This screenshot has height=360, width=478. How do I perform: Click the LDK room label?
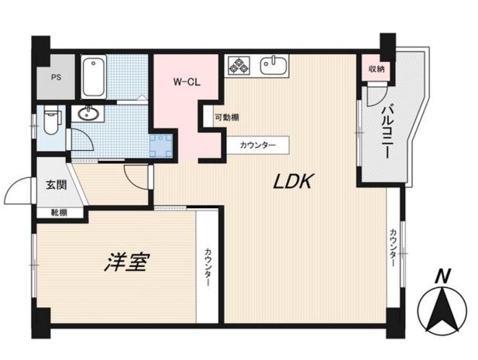[293, 181]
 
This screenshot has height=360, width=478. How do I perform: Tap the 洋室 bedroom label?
[126, 262]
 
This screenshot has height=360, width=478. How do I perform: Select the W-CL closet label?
[187, 82]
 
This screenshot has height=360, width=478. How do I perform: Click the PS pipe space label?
[56, 77]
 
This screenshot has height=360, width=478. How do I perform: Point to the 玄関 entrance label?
[57, 184]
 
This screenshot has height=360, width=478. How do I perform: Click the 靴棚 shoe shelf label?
[59, 213]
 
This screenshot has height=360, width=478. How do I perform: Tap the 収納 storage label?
[377, 69]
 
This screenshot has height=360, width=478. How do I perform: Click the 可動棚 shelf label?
[227, 117]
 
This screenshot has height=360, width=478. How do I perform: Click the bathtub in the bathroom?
[94, 77]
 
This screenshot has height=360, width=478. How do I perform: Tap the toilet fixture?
[52, 121]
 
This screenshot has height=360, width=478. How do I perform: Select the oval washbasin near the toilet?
[88, 114]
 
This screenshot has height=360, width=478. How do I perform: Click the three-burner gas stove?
[239, 66]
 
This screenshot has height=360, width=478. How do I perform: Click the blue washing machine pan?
[160, 146]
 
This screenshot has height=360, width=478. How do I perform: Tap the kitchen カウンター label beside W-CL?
[258, 145]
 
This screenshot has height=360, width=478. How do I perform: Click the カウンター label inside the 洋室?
[208, 267]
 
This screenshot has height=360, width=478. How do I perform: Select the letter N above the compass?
[442, 276]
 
